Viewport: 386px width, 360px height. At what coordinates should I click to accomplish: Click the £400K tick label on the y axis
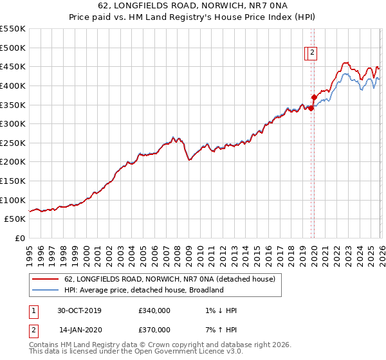click(x=13, y=85)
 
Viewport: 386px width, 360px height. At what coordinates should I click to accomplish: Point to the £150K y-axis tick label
click(x=13, y=181)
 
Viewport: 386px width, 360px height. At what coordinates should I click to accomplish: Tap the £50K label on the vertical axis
click(x=15, y=219)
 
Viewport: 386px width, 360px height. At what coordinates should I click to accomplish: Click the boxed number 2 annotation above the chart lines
click(x=312, y=53)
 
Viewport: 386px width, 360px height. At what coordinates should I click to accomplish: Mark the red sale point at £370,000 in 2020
click(x=314, y=98)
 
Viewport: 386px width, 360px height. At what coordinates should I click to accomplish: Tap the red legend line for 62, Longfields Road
click(x=46, y=279)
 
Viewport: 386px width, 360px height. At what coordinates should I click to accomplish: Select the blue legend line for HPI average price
click(x=46, y=290)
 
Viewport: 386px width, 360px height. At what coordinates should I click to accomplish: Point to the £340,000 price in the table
click(x=154, y=310)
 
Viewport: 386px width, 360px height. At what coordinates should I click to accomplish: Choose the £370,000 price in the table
click(x=154, y=330)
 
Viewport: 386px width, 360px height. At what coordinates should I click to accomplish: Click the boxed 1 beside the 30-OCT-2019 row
click(x=33, y=310)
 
